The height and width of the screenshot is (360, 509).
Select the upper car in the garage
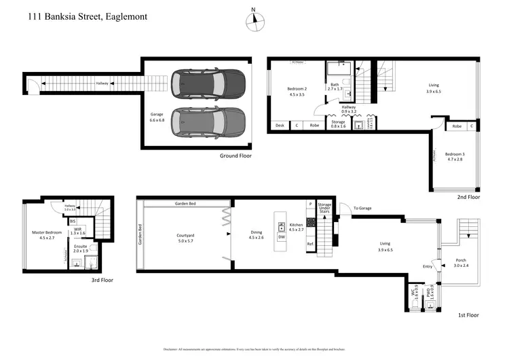pos(208,84)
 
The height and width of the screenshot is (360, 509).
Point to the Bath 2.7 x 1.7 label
pos(337,86)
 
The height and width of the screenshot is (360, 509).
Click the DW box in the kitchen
pos(281,237)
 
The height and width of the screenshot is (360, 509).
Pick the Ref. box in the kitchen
pos(310,244)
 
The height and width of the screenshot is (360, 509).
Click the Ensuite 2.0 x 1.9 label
pos(81,248)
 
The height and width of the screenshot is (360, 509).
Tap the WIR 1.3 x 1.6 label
pos(78,232)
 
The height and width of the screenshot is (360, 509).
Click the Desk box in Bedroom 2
pos(279,125)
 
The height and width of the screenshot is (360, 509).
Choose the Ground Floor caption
pos(235,156)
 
